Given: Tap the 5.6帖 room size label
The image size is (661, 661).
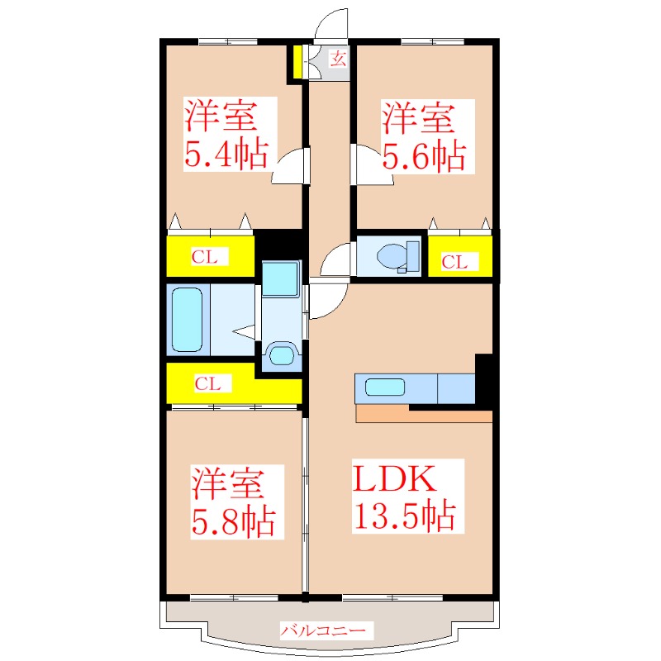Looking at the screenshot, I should [423, 155].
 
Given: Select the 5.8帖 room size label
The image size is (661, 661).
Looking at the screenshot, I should [234, 521].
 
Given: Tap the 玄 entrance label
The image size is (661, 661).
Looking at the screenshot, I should [339, 58].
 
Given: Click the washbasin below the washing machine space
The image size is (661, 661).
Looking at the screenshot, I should [282, 356].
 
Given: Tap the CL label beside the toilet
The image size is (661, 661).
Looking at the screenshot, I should [454, 263].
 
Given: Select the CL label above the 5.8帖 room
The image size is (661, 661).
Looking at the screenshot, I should [207, 383].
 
